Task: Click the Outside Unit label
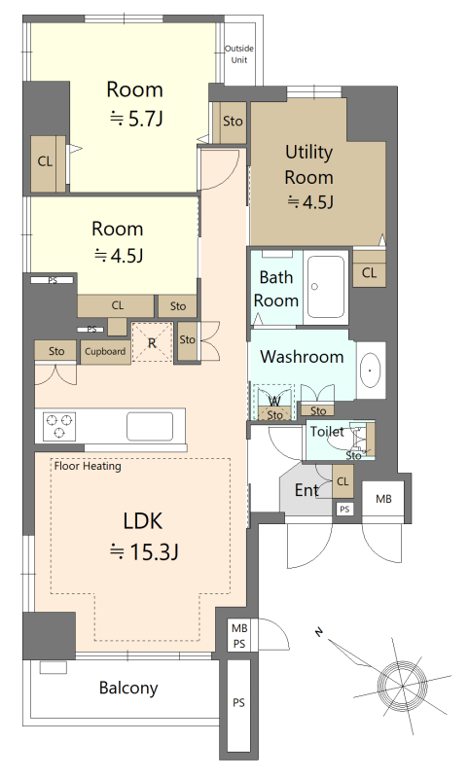(x=239, y=54)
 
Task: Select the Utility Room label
(x=308, y=164)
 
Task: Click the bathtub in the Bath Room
(x=326, y=287)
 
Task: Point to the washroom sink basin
(x=370, y=371)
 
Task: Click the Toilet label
(x=327, y=432)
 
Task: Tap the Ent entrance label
(x=307, y=490)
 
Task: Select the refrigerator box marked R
(x=153, y=342)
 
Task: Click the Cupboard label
(x=105, y=352)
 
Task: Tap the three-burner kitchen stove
(x=59, y=426)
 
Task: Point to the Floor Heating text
(x=88, y=466)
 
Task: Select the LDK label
(x=143, y=521)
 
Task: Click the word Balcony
(x=128, y=689)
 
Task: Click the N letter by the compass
(x=318, y=631)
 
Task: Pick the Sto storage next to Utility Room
(x=233, y=122)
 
